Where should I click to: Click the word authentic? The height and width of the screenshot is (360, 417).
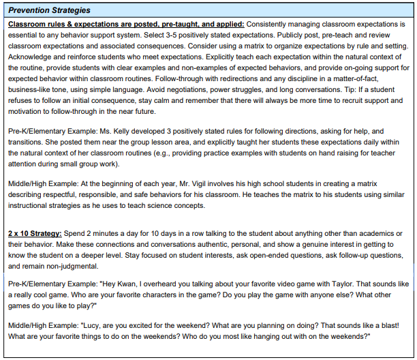199,245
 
